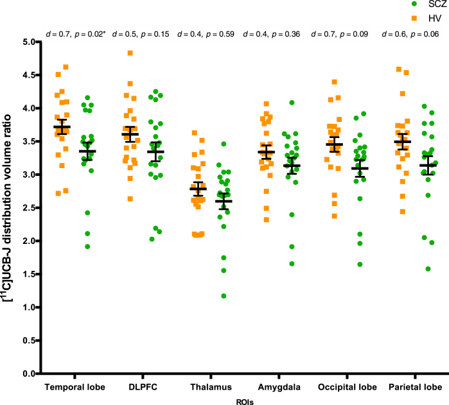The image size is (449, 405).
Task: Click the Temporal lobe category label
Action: tap(75, 388)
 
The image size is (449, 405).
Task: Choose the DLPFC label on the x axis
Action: tap(143, 388)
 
